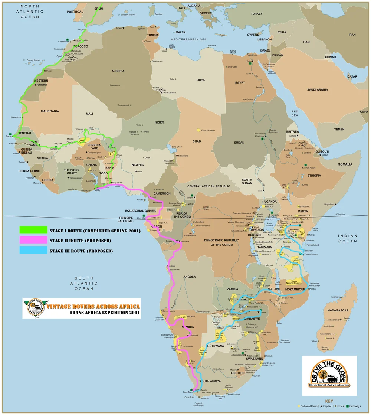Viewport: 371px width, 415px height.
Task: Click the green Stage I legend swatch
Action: [33, 230]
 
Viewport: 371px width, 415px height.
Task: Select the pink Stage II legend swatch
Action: [33, 241]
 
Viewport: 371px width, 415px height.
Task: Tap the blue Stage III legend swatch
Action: [33, 251]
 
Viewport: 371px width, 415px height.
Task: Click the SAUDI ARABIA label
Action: [318, 89]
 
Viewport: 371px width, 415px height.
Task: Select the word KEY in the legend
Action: [329, 401]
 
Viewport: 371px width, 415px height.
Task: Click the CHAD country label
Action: [197, 141]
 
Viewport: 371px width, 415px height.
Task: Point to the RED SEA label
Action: [295, 113]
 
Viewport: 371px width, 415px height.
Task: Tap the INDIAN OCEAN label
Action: [348, 238]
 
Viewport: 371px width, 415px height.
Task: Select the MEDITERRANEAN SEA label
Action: [188, 39]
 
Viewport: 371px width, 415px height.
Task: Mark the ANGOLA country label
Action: [190, 277]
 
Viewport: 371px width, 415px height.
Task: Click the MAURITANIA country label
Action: [50, 111]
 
